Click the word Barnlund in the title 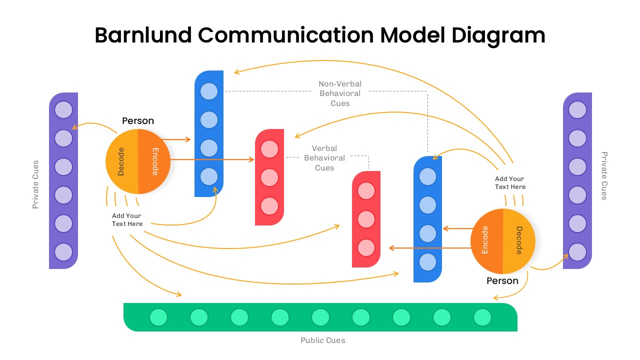point(142,35)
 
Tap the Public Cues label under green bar point(322,340)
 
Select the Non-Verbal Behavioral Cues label point(340,93)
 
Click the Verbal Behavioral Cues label point(324,158)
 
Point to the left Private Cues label point(35,184)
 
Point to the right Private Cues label point(604,176)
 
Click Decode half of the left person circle point(121,161)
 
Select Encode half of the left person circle point(154,161)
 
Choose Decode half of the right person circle point(519,240)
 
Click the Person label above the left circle point(138,121)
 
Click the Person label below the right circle point(502,281)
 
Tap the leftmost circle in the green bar point(158,317)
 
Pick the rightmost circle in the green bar point(482,317)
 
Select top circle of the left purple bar point(63,109)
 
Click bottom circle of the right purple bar point(577,252)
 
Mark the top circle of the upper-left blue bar point(209,91)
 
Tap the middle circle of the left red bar point(269,177)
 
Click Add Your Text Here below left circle point(127,220)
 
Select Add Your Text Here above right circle point(510,182)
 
